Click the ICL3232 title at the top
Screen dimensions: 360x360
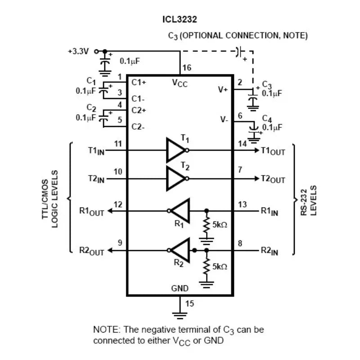[x=180, y=20]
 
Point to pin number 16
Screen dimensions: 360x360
[x=187, y=68]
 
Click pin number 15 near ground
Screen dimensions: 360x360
[x=190, y=304]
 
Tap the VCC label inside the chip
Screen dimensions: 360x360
[x=180, y=83]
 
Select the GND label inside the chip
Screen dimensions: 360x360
[x=180, y=288]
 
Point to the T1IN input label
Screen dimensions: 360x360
[x=96, y=151]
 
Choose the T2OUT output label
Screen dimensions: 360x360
[x=273, y=179]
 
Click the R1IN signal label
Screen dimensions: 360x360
[x=270, y=211]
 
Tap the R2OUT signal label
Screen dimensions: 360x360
[x=91, y=251]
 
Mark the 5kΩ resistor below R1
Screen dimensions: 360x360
[x=207, y=225]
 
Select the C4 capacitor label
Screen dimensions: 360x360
[x=267, y=119]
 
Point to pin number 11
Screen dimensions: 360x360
[x=118, y=144]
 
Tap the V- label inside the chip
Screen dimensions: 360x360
[x=224, y=120]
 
